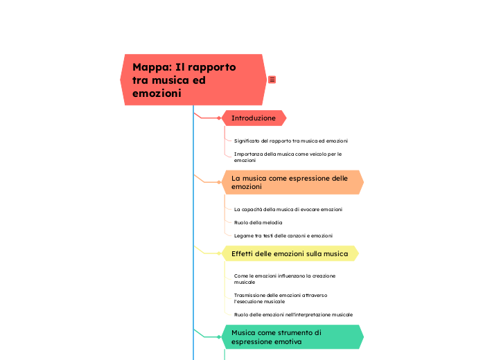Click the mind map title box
(193, 80)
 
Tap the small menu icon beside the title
(272, 80)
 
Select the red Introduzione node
(254, 118)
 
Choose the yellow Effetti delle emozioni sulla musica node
(290, 253)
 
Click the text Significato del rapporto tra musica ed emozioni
(291, 141)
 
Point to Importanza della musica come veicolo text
(288, 156)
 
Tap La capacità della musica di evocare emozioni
(288, 209)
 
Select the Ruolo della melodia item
(258, 222)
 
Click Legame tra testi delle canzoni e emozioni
(283, 235)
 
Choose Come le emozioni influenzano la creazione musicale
(285, 279)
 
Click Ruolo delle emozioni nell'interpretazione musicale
(293, 314)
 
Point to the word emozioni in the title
(157, 93)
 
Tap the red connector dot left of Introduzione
(219, 118)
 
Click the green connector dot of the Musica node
(219, 336)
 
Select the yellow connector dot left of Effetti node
(219, 253)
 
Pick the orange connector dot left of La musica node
(219, 182)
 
